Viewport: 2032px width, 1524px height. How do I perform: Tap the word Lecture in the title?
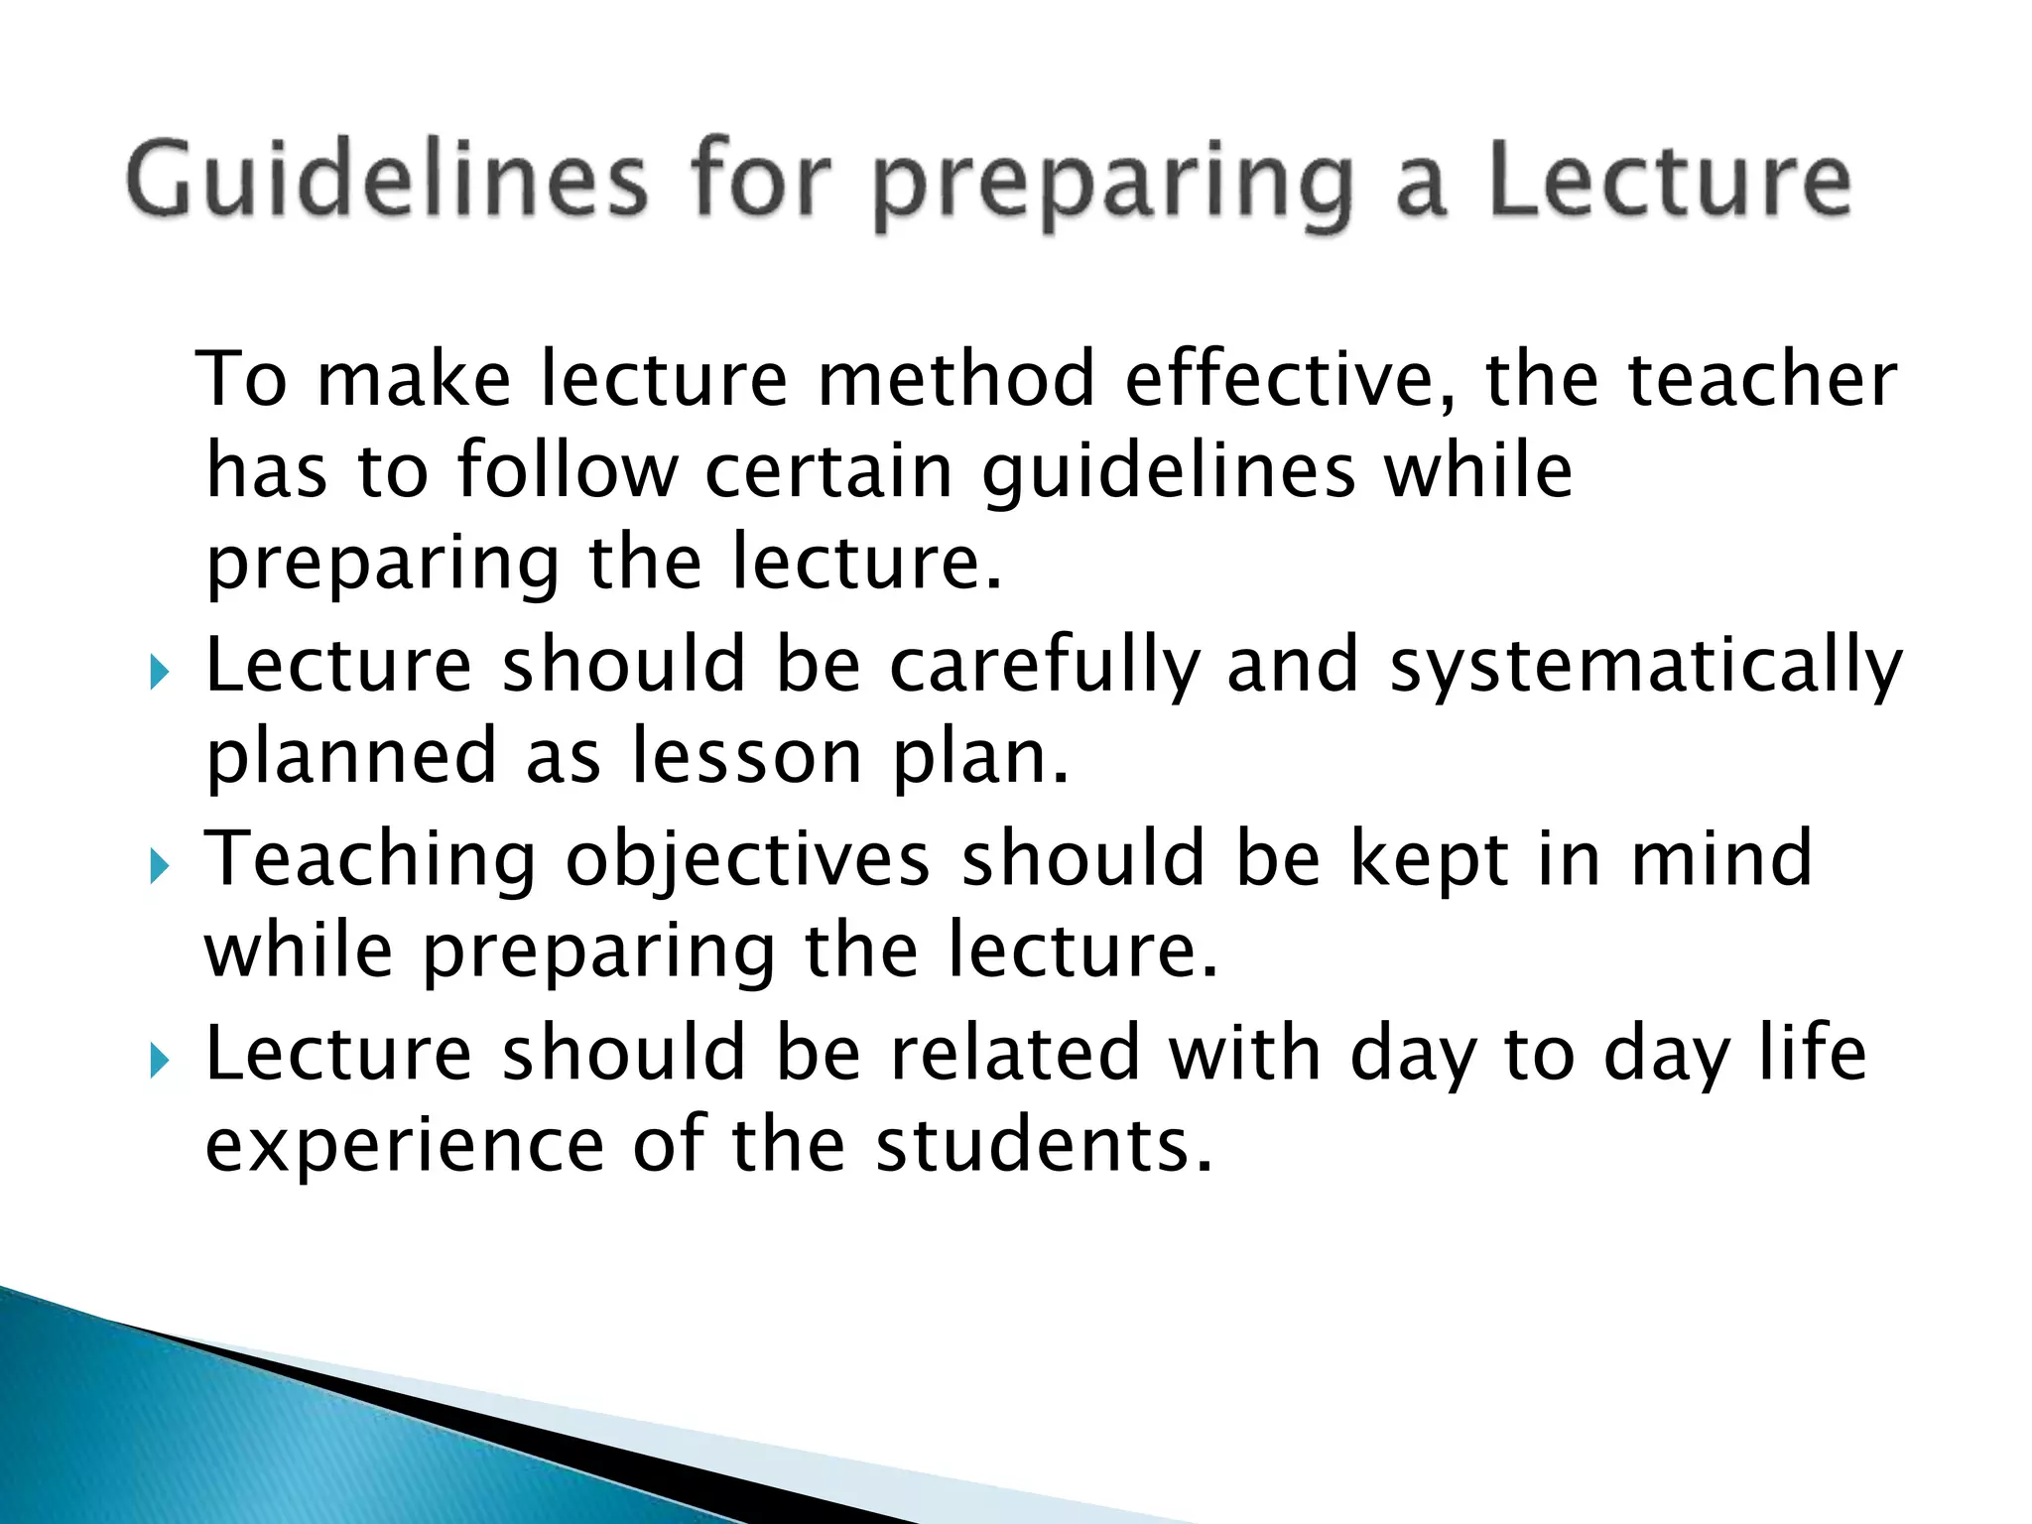[1669, 182]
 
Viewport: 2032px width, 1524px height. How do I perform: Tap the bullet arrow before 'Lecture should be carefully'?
[160, 674]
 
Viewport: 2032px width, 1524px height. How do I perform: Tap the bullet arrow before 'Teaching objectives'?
[160, 867]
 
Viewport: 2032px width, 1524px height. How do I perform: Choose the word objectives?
[747, 860]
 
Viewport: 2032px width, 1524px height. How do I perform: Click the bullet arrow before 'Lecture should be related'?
[160, 1062]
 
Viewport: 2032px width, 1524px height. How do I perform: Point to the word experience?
[404, 1146]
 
